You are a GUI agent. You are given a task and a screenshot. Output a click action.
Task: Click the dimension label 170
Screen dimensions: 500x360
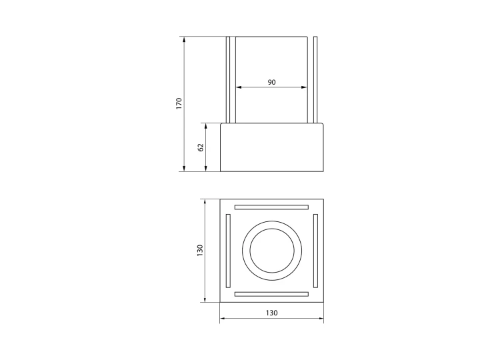pos(179,104)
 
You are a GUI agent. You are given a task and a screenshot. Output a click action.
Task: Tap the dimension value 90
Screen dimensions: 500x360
pos(271,82)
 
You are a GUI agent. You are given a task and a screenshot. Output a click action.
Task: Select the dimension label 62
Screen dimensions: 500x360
pos(201,147)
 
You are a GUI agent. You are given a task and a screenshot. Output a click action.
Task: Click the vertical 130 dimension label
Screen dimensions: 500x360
pos(200,251)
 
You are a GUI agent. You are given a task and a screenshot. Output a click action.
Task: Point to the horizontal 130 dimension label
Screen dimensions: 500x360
pos(272,313)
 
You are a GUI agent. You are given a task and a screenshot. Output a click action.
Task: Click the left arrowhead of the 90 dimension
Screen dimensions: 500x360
pos(239,87)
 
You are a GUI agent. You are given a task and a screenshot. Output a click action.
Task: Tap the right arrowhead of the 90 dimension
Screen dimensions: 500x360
pos(304,87)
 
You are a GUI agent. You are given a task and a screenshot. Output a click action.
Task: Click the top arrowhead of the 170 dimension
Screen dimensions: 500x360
pos(184,40)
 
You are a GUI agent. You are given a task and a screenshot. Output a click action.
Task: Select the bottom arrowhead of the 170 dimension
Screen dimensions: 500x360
pos(184,168)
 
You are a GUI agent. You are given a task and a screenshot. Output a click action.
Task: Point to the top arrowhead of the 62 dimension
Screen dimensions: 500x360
pos(206,126)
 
